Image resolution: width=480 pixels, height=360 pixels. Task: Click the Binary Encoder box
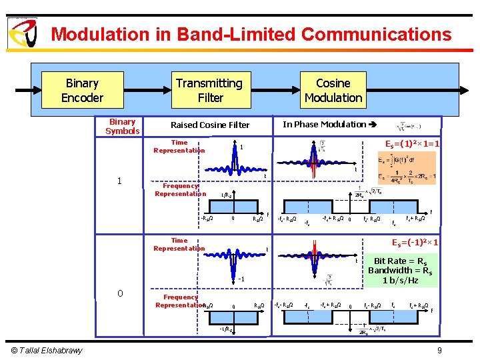point(82,91)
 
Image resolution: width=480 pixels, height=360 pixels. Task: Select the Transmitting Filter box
point(209,91)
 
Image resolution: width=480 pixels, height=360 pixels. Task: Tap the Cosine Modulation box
point(333,91)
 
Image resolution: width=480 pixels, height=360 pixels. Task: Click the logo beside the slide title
point(22,33)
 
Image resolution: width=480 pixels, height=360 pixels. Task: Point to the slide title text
point(251,34)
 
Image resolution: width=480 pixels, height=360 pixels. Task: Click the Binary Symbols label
point(122,127)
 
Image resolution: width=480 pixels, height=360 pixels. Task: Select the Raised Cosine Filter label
point(210,125)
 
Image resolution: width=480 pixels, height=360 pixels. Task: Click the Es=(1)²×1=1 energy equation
point(412,144)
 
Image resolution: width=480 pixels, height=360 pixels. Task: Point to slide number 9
point(439,351)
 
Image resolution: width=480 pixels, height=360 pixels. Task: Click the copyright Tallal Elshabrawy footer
point(46,351)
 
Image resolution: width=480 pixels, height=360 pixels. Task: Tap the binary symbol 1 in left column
point(119,181)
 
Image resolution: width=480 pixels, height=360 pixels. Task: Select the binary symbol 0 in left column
point(119,293)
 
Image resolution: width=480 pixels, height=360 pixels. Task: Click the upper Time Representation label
point(179,147)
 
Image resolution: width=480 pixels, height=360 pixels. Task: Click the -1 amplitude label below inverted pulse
point(242,279)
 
